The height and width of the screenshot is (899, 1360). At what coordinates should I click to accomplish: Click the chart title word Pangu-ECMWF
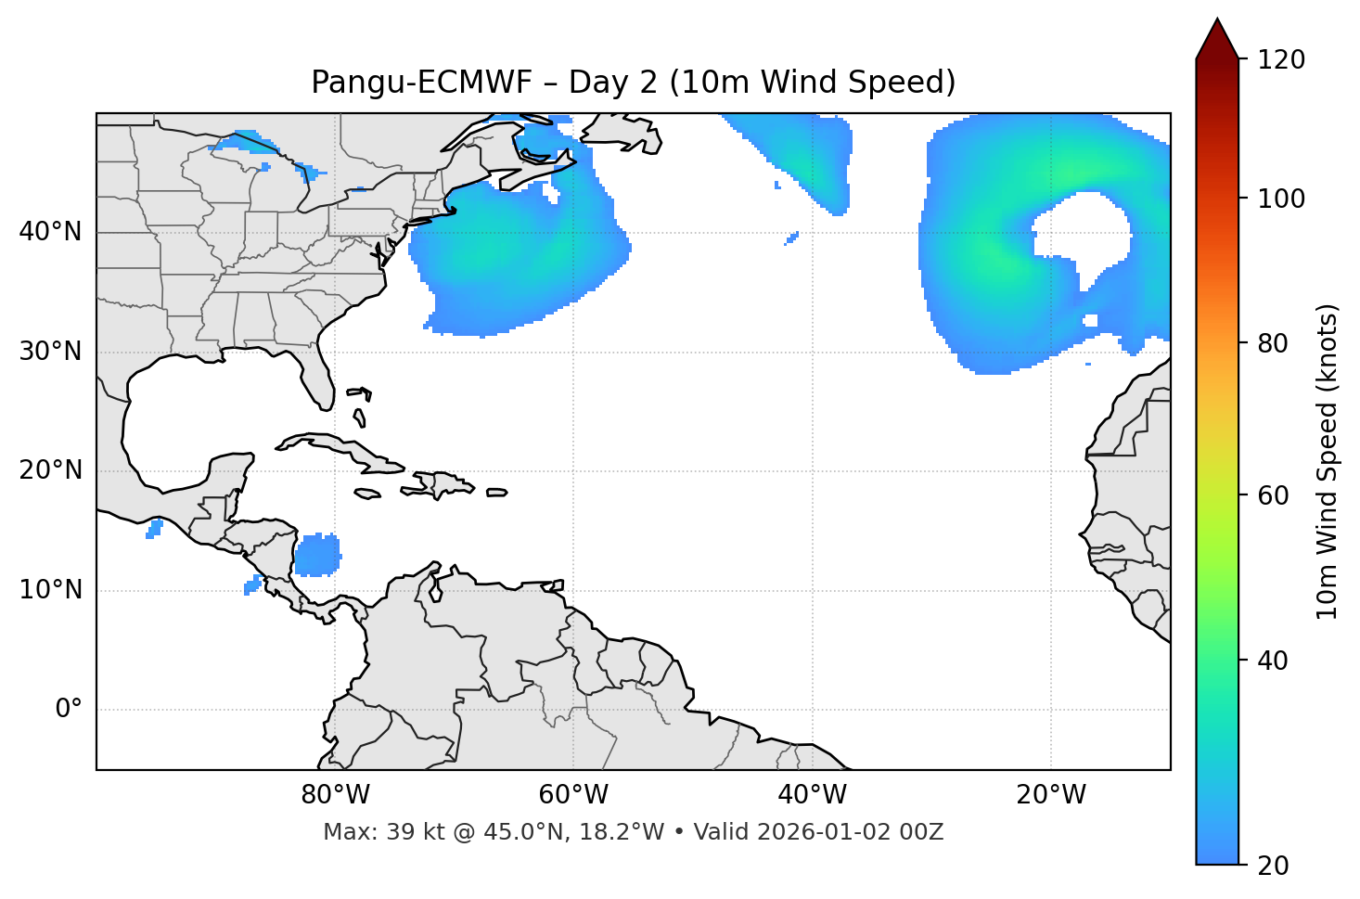tap(421, 83)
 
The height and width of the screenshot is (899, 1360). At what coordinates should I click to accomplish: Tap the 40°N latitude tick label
tap(50, 232)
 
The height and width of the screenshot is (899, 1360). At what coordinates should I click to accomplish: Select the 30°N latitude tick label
tap(50, 352)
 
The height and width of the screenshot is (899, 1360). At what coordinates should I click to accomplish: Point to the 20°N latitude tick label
tap(50, 470)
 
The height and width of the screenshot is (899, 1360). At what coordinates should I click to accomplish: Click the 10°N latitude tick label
tap(50, 590)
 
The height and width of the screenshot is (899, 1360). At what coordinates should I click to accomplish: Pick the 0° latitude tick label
tap(68, 710)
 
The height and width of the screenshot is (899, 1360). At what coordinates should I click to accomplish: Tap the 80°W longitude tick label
tap(335, 795)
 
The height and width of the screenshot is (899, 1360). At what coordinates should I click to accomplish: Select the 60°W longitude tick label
tap(573, 795)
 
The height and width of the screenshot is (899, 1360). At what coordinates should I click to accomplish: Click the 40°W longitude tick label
tap(812, 795)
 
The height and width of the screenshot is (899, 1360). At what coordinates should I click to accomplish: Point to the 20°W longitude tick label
tap(1051, 795)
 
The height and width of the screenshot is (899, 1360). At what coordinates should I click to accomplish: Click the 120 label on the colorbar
tap(1281, 60)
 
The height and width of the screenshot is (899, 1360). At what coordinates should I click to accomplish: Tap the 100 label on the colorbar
tap(1281, 199)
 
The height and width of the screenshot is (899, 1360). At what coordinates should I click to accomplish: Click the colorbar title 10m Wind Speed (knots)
tap(1328, 462)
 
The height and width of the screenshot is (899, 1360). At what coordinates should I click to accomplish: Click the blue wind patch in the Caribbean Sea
tap(317, 555)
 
